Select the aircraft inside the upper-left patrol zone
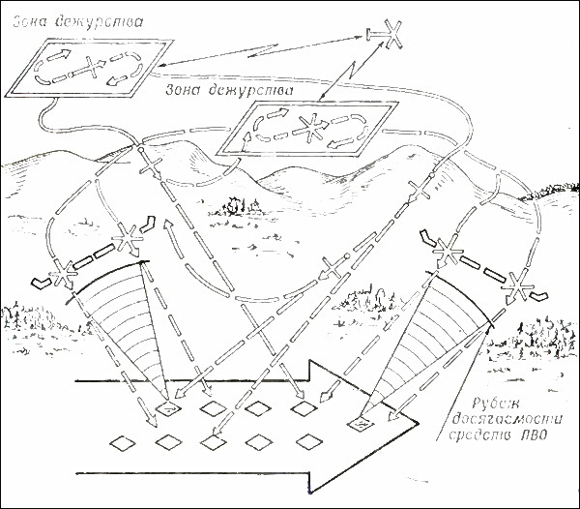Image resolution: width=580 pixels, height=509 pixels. (x=89, y=69)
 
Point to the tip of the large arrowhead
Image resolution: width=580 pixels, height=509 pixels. (x=418, y=422)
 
